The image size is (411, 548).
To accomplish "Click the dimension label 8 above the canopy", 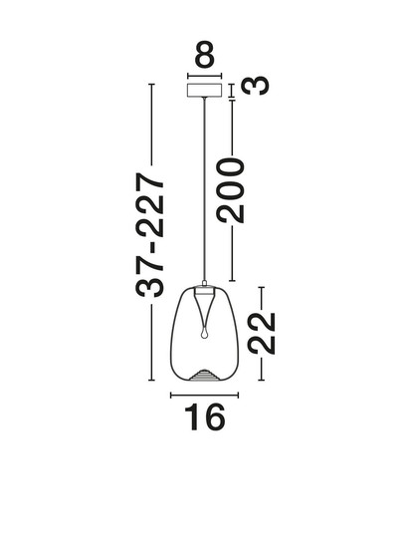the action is tap(204, 54).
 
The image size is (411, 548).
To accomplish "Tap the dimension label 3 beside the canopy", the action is tap(256, 85).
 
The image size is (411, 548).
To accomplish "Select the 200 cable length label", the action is tap(230, 190).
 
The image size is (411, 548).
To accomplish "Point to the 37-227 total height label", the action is tap(149, 234).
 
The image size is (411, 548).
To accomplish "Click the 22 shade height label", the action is tap(261, 334).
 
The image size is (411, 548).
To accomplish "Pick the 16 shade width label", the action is tap(204, 416).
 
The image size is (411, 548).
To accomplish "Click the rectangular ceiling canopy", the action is tap(204, 90).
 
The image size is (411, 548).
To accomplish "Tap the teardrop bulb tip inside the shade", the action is tap(204, 334).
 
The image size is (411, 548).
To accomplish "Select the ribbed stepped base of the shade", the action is tap(205, 375).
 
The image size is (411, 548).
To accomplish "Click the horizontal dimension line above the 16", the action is tap(204, 396).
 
